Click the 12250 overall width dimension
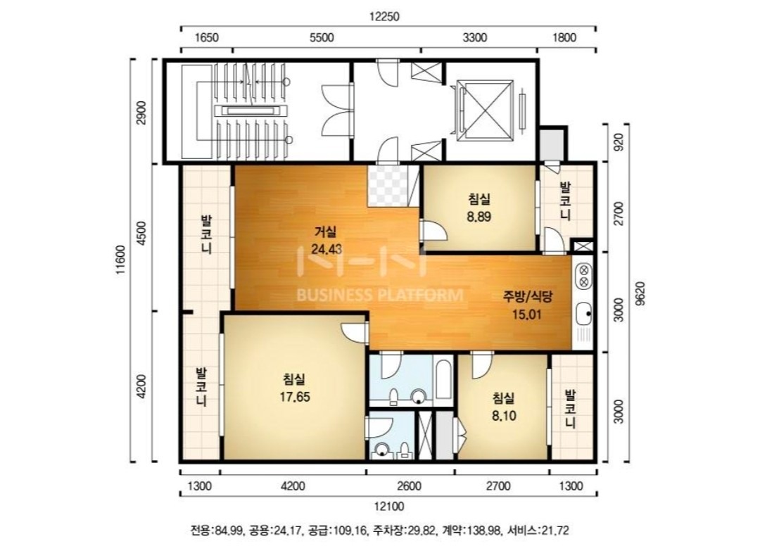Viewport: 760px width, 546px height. [384, 16]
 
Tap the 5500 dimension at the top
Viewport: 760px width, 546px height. [322, 38]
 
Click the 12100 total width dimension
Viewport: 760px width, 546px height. [388, 507]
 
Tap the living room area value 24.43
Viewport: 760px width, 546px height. [327, 249]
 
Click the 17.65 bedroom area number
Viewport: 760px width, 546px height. [295, 397]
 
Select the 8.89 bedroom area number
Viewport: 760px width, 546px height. [479, 217]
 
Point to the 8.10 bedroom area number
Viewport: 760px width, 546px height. [504, 415]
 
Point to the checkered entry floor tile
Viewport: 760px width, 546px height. [387, 186]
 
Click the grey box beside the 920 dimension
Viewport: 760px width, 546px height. [552, 144]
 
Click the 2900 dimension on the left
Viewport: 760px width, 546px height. [141, 113]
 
